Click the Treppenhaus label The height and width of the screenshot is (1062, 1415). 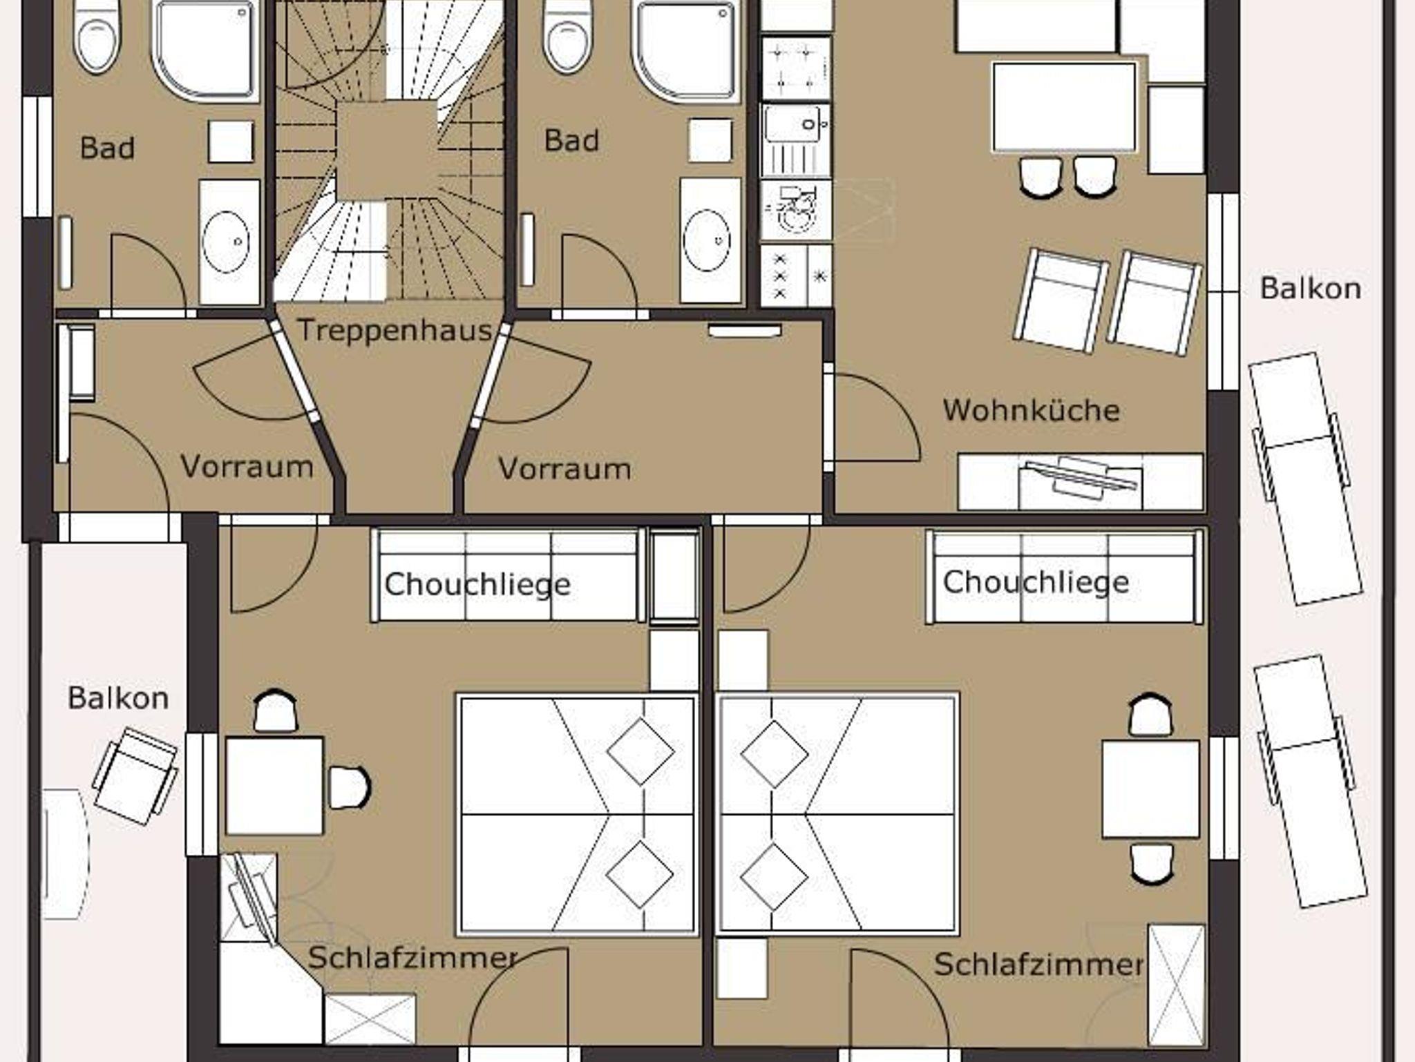[x=395, y=331]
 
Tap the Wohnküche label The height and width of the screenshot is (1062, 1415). [x=1031, y=410]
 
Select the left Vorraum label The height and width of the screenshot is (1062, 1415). [x=247, y=467]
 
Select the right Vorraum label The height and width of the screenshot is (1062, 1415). [x=564, y=469]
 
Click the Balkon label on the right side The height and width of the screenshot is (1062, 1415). [x=1311, y=288]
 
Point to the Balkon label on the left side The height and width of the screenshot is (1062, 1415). [x=118, y=698]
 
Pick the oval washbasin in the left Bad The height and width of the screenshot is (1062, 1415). [x=225, y=242]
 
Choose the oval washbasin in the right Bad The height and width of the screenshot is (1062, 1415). [x=707, y=240]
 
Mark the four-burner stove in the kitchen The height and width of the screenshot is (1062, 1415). [x=795, y=69]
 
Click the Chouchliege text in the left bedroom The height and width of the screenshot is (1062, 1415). [x=477, y=585]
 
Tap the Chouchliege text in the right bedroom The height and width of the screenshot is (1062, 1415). [x=1036, y=582]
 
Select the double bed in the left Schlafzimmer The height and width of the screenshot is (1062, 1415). [x=576, y=815]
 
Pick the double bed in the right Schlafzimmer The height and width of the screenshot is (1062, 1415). [x=837, y=815]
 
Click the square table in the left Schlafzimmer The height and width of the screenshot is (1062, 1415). [x=274, y=786]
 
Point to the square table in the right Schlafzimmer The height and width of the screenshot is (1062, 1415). [x=1150, y=789]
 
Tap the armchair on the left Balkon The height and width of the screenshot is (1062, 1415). [x=135, y=776]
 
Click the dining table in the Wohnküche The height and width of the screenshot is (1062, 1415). [x=1064, y=107]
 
